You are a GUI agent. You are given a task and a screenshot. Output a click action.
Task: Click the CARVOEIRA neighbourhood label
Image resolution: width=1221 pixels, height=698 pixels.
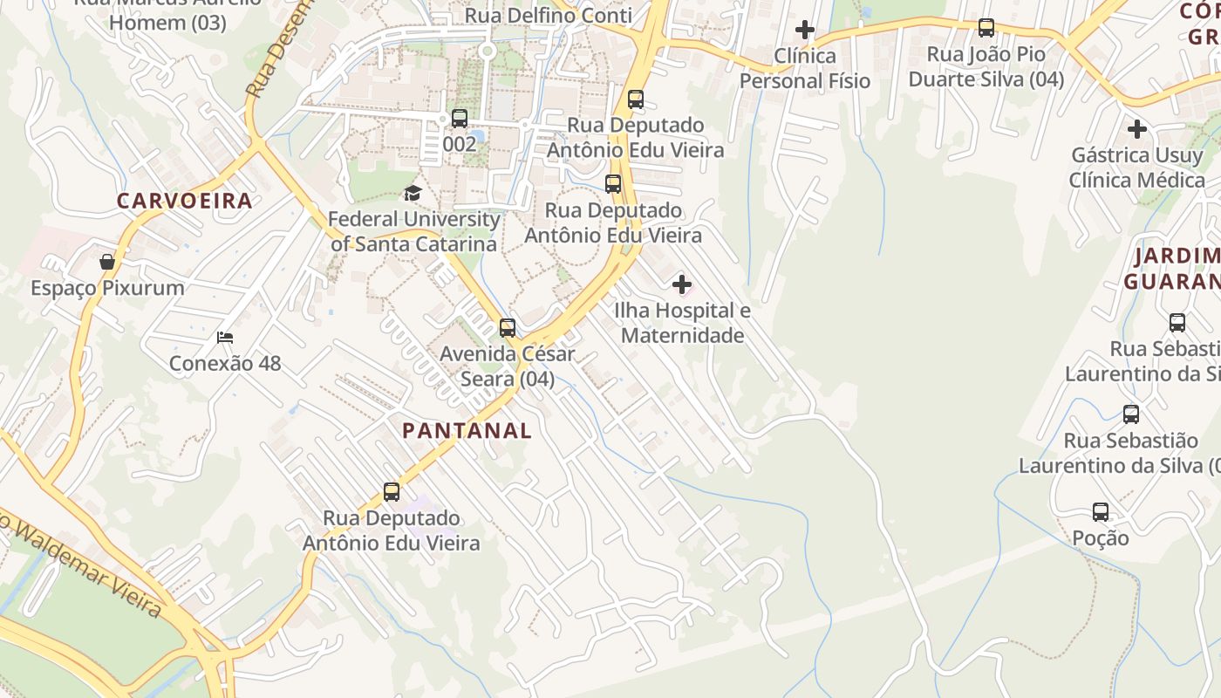pyautogui.click(x=185, y=201)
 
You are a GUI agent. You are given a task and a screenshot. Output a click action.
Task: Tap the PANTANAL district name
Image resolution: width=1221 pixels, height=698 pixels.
pyautogui.click(x=467, y=430)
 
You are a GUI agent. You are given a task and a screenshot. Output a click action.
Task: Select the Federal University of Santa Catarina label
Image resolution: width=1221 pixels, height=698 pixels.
pyautogui.click(x=413, y=231)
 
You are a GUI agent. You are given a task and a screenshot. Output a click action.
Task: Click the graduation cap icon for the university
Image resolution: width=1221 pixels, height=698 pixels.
pyautogui.click(x=413, y=193)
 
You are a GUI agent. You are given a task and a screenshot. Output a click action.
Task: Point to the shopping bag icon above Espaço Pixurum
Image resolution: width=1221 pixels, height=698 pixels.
pyautogui.click(x=107, y=262)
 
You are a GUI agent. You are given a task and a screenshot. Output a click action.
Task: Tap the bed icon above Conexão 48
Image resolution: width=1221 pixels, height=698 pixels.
pyautogui.click(x=225, y=338)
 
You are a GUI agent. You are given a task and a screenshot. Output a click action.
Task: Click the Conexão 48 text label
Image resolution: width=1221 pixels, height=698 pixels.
pyautogui.click(x=225, y=363)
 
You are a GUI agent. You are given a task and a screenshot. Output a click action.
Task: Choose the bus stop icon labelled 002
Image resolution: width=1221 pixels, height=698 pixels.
pyautogui.click(x=460, y=119)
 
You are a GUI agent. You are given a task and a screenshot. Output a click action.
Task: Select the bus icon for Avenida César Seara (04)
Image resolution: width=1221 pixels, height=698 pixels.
pyautogui.click(x=508, y=328)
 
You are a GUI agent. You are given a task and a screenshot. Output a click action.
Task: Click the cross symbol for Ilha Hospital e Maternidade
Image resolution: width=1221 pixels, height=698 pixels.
pyautogui.click(x=682, y=284)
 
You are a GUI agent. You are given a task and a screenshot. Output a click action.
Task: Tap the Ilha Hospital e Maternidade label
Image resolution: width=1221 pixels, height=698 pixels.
pyautogui.click(x=682, y=323)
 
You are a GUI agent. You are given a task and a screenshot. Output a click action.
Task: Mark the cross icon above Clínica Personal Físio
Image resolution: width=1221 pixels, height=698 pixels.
pyautogui.click(x=805, y=31)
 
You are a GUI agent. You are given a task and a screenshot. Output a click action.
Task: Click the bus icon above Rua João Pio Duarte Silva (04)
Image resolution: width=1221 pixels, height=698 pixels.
pyautogui.click(x=986, y=28)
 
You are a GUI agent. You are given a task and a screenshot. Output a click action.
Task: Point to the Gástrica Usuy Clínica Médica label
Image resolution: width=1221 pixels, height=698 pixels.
pyautogui.click(x=1136, y=168)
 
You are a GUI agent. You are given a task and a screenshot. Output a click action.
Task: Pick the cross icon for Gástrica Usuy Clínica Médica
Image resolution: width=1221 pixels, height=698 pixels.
pyautogui.click(x=1137, y=130)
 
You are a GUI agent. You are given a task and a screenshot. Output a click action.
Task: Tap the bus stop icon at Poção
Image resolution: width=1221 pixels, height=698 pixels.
pyautogui.click(x=1101, y=512)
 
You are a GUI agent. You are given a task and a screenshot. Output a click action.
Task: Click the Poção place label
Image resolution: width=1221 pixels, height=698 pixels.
pyautogui.click(x=1101, y=537)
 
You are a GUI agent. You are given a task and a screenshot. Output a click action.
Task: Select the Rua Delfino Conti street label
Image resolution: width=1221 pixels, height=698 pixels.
pyautogui.click(x=549, y=15)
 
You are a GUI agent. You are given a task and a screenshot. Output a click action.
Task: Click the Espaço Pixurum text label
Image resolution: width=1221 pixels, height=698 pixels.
pyautogui.click(x=107, y=288)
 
